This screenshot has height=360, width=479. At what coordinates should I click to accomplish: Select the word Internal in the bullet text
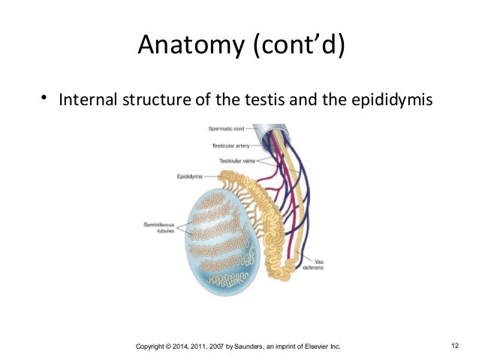point(87,98)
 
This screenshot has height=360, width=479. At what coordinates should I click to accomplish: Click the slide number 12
point(455,346)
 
